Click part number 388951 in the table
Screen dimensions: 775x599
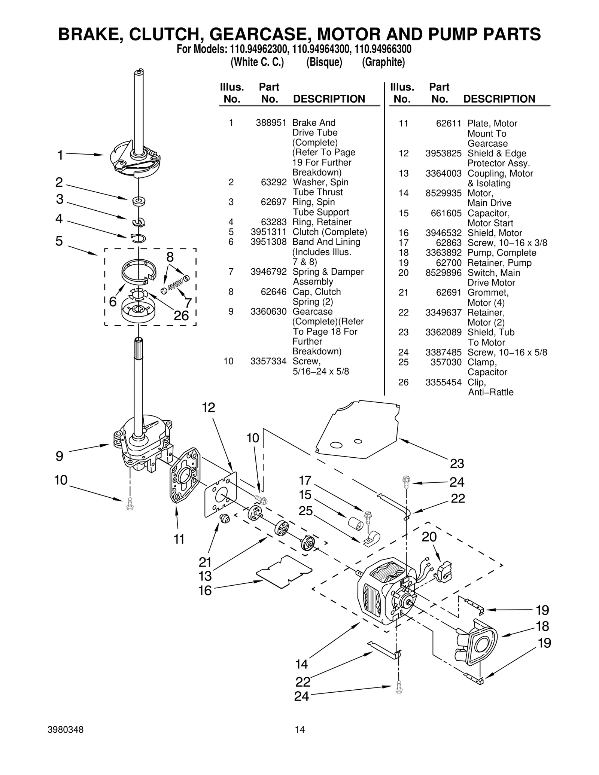pos(271,123)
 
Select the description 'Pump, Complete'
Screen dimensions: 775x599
pos(501,253)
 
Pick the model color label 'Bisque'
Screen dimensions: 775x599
pos(324,62)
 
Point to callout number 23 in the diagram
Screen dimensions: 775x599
pos(457,464)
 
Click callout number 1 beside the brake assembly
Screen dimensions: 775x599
pos(60,155)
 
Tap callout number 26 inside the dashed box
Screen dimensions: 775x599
pos(181,315)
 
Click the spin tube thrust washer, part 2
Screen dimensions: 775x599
pos(139,201)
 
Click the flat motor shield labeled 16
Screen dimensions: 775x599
pos(284,571)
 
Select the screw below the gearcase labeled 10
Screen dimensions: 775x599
pos(130,503)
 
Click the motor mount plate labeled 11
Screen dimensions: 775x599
pos(185,475)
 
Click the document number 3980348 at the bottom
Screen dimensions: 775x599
pos(66,730)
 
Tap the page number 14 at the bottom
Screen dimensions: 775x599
pos(299,729)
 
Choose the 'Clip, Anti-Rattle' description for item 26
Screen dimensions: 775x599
pos(490,387)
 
